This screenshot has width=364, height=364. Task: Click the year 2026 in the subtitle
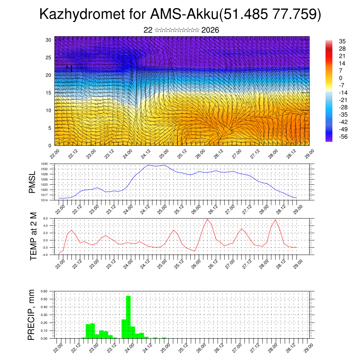pyautogui.click(x=210, y=30)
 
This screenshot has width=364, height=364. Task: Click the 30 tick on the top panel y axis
pyautogui.click(x=48, y=40)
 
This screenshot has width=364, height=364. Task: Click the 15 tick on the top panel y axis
pyautogui.click(x=48, y=93)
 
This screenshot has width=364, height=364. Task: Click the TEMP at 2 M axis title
pyautogui.click(x=33, y=236)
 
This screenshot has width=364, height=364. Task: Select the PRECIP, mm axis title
pyautogui.click(x=32, y=315)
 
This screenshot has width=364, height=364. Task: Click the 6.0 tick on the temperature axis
pyautogui.click(x=45, y=219)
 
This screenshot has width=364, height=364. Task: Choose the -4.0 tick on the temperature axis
pyautogui.click(x=45, y=255)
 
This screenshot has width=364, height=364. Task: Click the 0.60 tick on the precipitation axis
pyautogui.click(x=44, y=291)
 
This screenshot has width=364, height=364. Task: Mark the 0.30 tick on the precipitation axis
pyautogui.click(x=44, y=315)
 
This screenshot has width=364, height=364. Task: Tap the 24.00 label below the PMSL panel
pyautogui.click(x=128, y=207)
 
